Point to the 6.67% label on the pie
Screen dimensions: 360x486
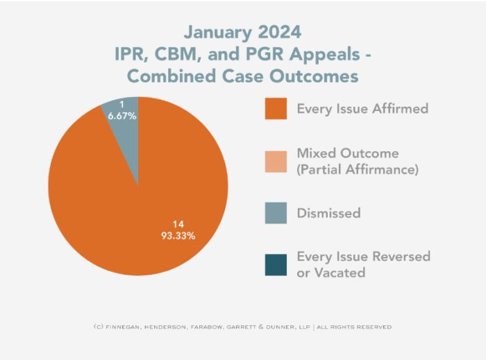coord(122,116)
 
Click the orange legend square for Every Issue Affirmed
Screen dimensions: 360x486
coord(276,109)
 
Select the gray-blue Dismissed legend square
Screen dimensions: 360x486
coord(276,213)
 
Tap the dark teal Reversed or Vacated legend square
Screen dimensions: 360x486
coord(276,264)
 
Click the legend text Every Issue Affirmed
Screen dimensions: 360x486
coord(362,108)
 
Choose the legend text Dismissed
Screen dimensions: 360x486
coord(328,213)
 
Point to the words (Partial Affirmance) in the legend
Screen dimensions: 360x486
coord(357,169)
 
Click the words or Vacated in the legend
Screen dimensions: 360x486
coord(330,273)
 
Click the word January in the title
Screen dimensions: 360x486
coord(216,32)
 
